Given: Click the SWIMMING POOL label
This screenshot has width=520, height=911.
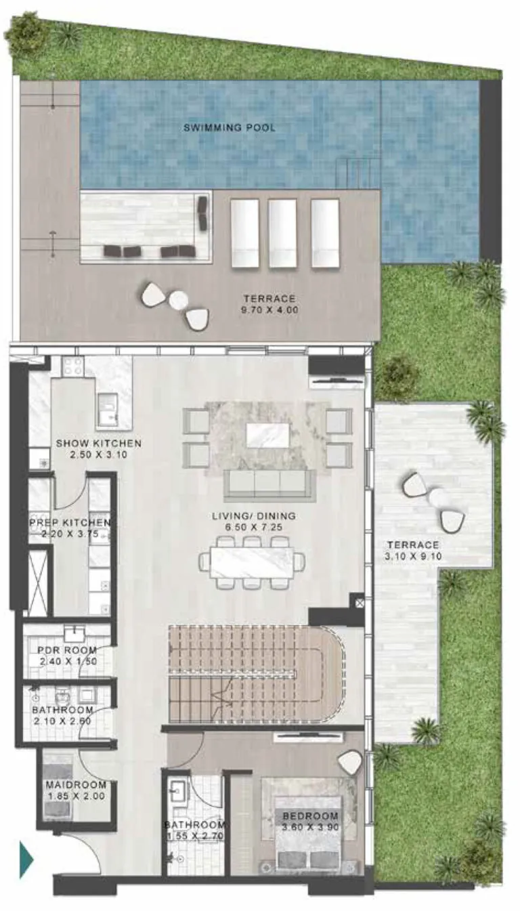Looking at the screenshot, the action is pyautogui.click(x=230, y=127).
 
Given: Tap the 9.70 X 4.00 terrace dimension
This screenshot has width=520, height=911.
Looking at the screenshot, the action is pyautogui.click(x=269, y=310).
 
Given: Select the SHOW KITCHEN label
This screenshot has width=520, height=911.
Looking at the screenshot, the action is pyautogui.click(x=99, y=443).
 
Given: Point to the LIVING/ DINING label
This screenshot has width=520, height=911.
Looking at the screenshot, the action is pyautogui.click(x=254, y=516).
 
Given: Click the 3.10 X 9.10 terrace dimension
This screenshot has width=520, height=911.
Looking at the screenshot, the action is pyautogui.click(x=413, y=556).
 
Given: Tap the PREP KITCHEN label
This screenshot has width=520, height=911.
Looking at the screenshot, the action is pyautogui.click(x=70, y=523).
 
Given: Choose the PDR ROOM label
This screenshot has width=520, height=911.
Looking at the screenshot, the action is pyautogui.click(x=67, y=650).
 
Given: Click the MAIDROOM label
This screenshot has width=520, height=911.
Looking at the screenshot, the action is pyautogui.click(x=76, y=785).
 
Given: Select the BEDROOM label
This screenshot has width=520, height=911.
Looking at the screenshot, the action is pyautogui.click(x=311, y=815).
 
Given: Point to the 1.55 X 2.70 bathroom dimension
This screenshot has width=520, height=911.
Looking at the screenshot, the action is pyautogui.click(x=194, y=836).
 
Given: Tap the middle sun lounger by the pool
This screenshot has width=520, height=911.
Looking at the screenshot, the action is pyautogui.click(x=282, y=234).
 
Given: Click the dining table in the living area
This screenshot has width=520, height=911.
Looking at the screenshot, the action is pyautogui.click(x=252, y=562).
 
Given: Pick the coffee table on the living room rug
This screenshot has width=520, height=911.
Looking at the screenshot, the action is pyautogui.click(x=268, y=435).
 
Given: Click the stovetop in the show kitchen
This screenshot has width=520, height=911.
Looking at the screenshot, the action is pyautogui.click(x=72, y=366).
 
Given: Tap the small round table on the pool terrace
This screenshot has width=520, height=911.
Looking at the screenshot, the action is pyautogui.click(x=178, y=301).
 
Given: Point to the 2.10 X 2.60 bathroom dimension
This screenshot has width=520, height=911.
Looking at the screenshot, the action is pyautogui.click(x=62, y=721).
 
